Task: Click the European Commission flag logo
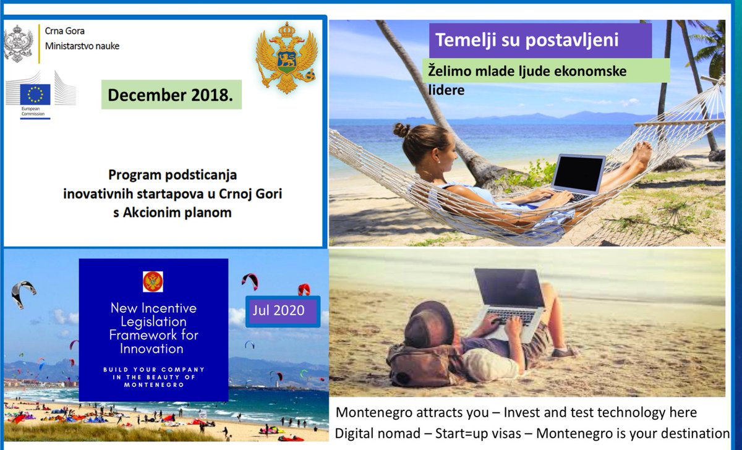click(x=35, y=95)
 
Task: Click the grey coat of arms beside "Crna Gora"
click(x=18, y=43)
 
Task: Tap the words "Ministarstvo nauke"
click(x=82, y=46)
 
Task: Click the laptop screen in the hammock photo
click(x=578, y=173)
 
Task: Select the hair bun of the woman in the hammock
click(x=401, y=130)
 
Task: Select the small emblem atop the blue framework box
click(x=153, y=281)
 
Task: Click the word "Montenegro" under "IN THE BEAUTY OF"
click(x=154, y=384)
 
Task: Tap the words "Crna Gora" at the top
click(x=65, y=30)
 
